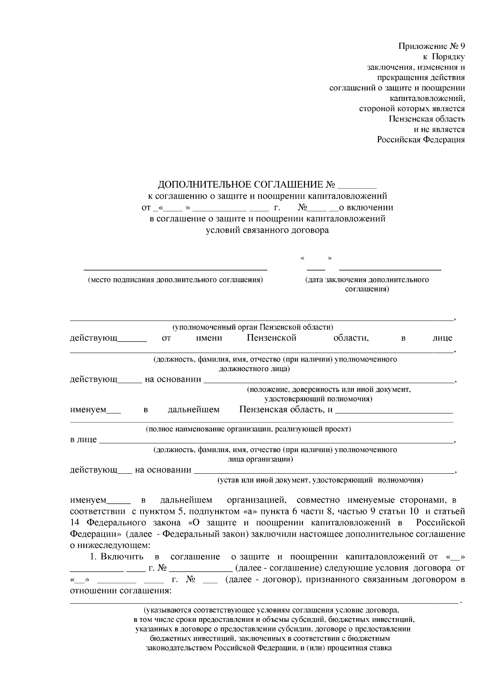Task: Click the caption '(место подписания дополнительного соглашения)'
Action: [x=175, y=280]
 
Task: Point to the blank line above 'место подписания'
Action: [x=175, y=269]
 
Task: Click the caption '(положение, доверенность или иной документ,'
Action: [x=329, y=389]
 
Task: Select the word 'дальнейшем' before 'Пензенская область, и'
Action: [x=194, y=409]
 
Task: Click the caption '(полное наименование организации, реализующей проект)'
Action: [x=248, y=429]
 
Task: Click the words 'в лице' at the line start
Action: [x=83, y=440]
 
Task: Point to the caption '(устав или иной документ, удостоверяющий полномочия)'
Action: [x=320, y=480]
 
